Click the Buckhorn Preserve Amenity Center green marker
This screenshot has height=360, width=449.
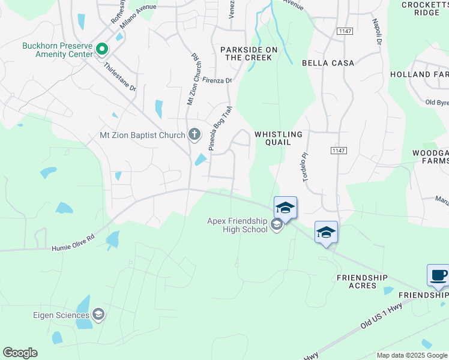click(x=102, y=49)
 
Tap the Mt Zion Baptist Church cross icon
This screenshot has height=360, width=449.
click(x=194, y=134)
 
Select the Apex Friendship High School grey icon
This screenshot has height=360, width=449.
click(x=276, y=226)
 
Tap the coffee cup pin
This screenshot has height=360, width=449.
click(x=438, y=275)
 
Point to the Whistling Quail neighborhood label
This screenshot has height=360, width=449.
click(x=278, y=138)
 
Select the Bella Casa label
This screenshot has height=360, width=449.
click(x=328, y=62)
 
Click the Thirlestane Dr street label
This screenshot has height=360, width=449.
click(x=120, y=77)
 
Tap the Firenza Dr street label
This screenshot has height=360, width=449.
click(x=217, y=80)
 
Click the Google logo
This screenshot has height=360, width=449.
click(x=20, y=353)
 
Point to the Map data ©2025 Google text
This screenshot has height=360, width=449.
click(x=411, y=355)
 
